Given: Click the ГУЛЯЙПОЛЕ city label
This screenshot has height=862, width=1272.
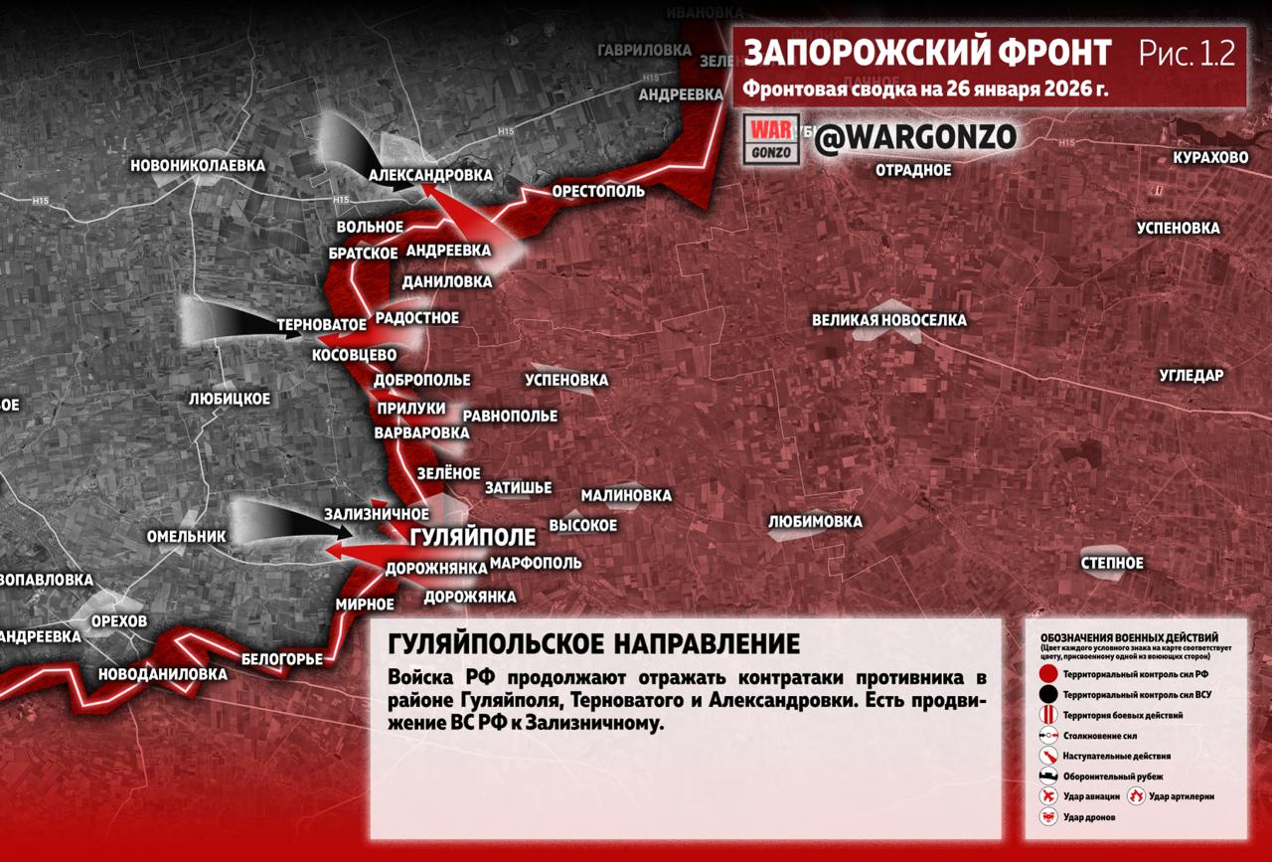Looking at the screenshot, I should tap(472, 538).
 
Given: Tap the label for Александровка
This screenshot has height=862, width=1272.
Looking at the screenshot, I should tap(430, 175).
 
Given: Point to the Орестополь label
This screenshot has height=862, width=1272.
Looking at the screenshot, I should tap(598, 191).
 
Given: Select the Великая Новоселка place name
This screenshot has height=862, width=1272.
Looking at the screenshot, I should tap(888, 320).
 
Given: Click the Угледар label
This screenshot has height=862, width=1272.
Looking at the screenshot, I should tap(1191, 375).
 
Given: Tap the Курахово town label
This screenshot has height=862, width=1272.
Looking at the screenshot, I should tap(1210, 158).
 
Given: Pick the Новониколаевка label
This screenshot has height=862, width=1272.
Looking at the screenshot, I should tap(198, 165).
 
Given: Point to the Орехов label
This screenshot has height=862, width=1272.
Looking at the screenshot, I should tap(118, 621).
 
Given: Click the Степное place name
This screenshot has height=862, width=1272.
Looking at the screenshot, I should tap(1112, 563).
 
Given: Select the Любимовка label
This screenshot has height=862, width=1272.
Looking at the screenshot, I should tap(815, 521).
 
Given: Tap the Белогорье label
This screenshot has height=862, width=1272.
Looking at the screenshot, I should tap(282, 658).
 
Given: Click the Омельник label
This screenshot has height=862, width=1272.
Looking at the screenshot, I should tap(187, 536).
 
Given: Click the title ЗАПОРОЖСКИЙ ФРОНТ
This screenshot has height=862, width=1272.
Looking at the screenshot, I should tap(927, 54).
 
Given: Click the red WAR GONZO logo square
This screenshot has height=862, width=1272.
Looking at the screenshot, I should tap(772, 140).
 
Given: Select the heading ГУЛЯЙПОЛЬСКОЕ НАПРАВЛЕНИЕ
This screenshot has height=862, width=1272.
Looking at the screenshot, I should tap(593, 643).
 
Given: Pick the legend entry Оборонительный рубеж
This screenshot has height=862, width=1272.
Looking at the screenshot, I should tap(1113, 776).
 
